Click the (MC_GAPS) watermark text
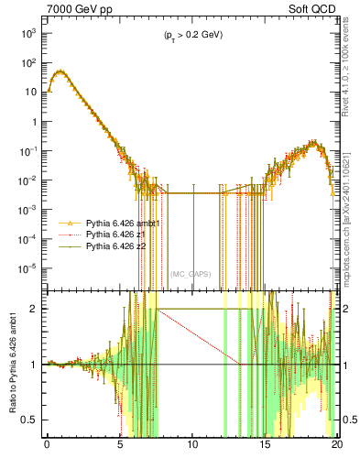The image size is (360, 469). [x=192, y=273]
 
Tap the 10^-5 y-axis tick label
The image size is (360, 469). [x=27, y=268]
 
